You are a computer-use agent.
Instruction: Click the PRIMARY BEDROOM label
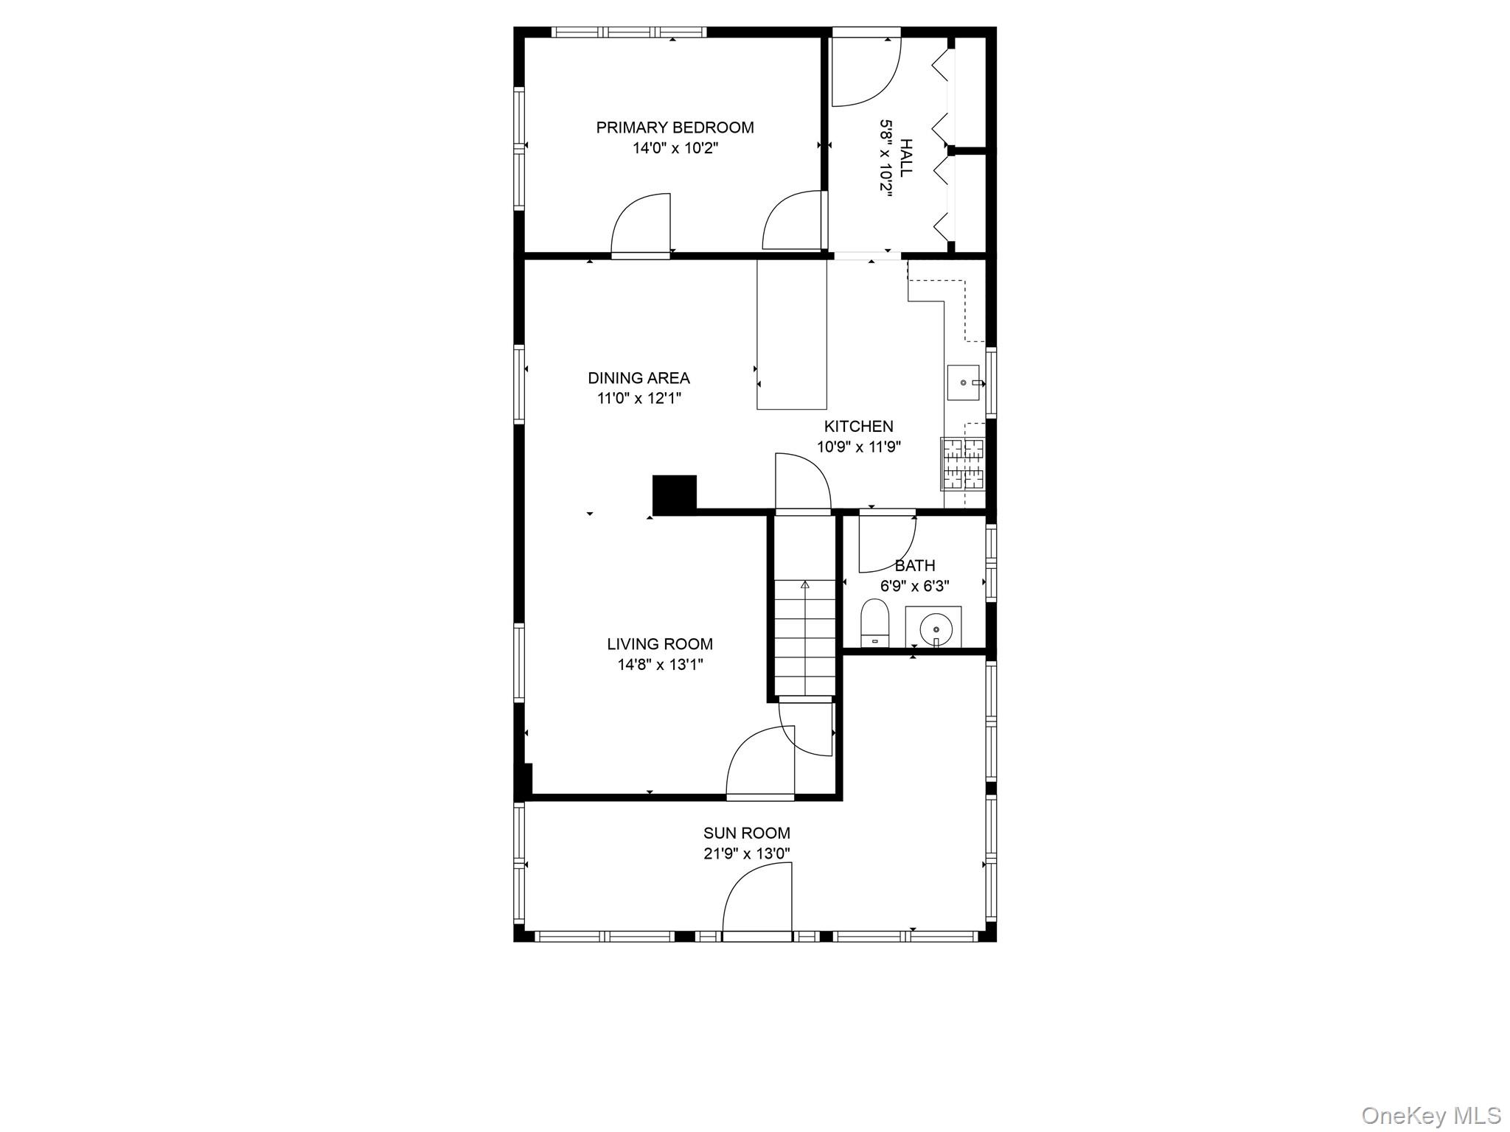click(675, 127)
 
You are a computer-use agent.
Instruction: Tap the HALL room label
click(906, 157)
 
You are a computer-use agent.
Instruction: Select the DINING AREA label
click(639, 378)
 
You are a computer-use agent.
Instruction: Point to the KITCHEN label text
click(858, 426)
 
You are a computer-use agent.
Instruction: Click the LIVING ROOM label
click(660, 644)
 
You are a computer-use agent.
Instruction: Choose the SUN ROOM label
click(746, 833)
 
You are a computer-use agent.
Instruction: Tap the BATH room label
click(914, 566)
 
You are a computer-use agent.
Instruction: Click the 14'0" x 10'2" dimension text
click(675, 148)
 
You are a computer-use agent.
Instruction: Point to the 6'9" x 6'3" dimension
click(914, 587)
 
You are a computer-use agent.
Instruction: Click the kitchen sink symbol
click(964, 382)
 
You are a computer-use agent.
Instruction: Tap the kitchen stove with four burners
click(962, 464)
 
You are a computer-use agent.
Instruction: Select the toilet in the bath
click(875, 623)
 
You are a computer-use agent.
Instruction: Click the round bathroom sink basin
click(936, 629)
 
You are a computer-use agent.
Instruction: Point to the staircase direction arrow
click(804, 584)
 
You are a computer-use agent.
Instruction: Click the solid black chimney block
click(674, 494)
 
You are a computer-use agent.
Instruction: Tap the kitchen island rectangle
click(791, 335)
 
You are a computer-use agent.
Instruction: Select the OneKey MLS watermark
click(1431, 1115)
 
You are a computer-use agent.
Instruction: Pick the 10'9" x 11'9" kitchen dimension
click(858, 447)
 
